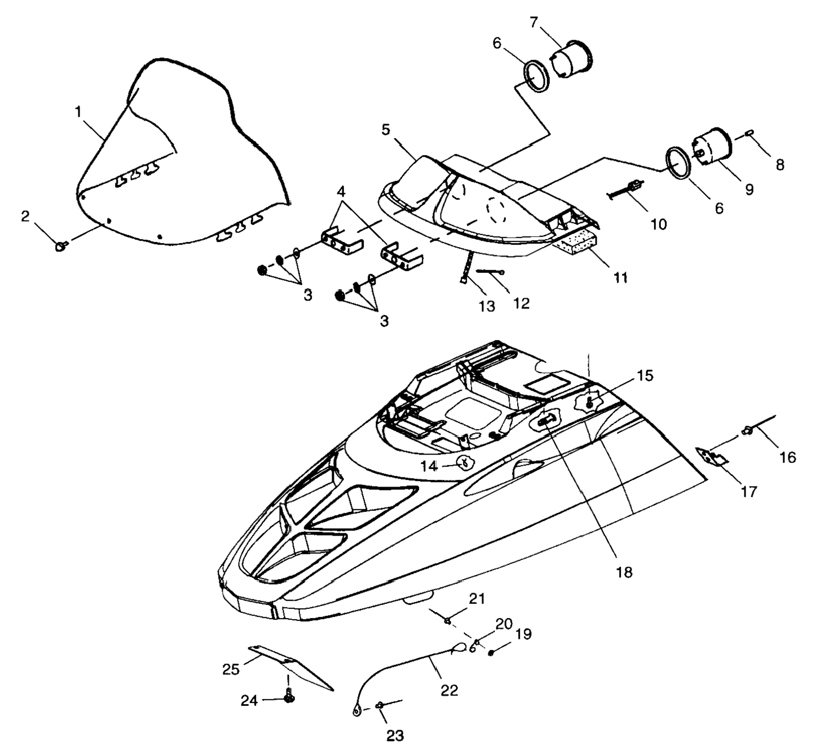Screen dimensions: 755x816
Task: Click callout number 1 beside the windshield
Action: tap(78, 112)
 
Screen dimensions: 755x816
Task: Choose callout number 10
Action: tap(658, 224)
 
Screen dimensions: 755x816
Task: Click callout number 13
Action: tap(487, 306)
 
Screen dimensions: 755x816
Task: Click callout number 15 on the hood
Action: tap(645, 375)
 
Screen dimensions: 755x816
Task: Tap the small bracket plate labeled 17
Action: tap(712, 457)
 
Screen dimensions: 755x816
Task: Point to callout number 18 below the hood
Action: tap(624, 572)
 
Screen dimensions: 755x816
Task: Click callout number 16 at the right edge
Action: tap(788, 457)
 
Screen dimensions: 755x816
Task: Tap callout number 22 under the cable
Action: tap(449, 689)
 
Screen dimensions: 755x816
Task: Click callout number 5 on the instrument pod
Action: tap(385, 129)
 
